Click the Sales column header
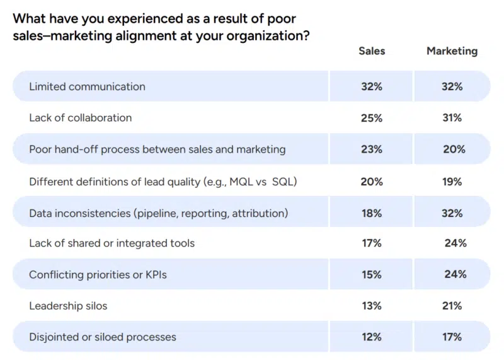click(372, 51)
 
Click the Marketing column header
click(452, 51)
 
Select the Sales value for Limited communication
click(372, 86)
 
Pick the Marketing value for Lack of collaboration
click(452, 118)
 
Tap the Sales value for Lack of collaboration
click(372, 118)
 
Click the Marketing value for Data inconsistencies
click(452, 213)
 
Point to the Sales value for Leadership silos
click(372, 306)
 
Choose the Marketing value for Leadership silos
click(452, 306)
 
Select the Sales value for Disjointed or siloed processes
click(372, 337)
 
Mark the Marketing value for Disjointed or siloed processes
click(452, 337)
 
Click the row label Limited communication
click(87, 86)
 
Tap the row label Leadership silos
click(68, 306)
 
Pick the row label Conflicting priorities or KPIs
click(97, 275)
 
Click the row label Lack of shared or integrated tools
click(112, 243)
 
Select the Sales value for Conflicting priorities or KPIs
click(372, 275)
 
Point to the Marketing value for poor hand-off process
click(454, 149)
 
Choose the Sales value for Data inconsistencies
click(372, 213)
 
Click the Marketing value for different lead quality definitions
click(452, 182)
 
